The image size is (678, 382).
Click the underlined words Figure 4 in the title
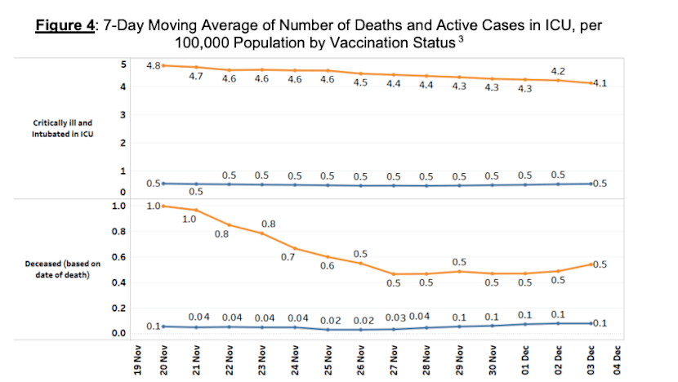click(x=65, y=25)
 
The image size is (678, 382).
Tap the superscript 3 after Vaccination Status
click(x=461, y=39)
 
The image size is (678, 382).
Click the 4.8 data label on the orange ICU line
click(x=154, y=65)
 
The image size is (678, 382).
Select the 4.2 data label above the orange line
click(x=558, y=71)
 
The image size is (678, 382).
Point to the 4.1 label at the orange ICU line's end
click(x=600, y=83)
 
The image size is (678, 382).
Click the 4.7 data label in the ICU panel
click(x=196, y=77)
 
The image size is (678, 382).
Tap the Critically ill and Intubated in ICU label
click(x=63, y=128)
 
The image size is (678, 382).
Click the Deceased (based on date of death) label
click(x=63, y=269)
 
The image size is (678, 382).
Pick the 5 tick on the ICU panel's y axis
click(x=123, y=64)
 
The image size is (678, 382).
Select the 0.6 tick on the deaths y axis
click(x=119, y=257)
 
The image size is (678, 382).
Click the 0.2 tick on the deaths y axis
click(x=119, y=308)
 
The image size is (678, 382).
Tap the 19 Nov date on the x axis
click(x=137, y=360)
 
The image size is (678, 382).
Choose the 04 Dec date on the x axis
click(x=617, y=360)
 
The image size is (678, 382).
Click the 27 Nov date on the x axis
click(x=394, y=360)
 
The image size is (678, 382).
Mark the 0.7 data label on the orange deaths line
click(x=288, y=257)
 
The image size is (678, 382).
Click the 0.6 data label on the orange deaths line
click(x=328, y=266)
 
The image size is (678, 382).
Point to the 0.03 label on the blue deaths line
click(x=395, y=318)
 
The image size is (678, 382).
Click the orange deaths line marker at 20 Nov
click(x=163, y=207)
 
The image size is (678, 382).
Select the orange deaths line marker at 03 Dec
click(x=591, y=264)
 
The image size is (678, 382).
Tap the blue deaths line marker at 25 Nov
click(x=328, y=330)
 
